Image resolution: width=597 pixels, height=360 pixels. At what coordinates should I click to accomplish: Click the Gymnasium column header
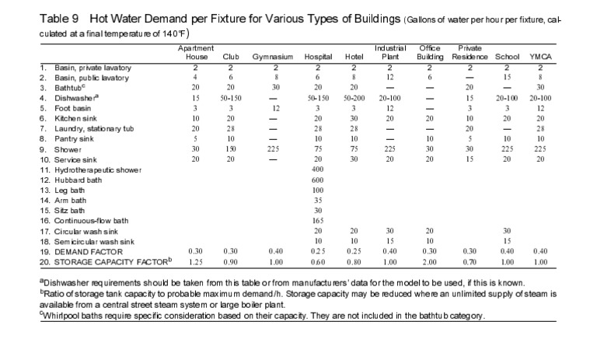point(271,58)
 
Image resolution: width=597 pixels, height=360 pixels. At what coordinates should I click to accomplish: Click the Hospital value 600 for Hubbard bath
point(317,180)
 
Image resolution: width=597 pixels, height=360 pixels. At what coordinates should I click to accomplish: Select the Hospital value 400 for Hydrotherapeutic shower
point(317,170)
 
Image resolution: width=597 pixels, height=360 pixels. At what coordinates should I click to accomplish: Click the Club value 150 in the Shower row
point(229,149)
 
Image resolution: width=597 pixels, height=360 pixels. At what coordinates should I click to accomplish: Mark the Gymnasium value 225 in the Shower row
point(272,149)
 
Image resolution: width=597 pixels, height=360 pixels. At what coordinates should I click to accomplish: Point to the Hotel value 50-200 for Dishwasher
point(354,98)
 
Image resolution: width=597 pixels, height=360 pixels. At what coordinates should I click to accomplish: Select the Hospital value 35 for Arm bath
point(317,201)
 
